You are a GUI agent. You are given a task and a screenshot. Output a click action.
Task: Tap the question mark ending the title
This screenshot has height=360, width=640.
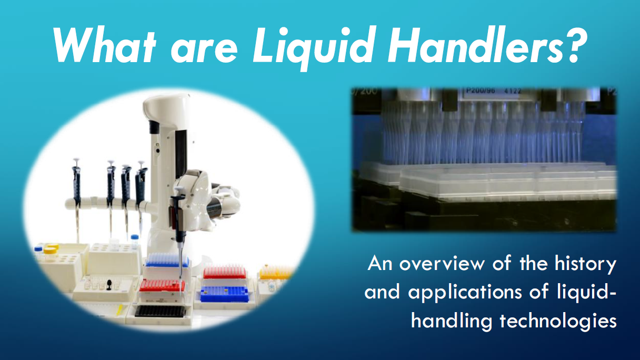pyautogui.click(x=573, y=44)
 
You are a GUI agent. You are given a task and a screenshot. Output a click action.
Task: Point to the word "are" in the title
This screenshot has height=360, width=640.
pyautogui.click(x=204, y=51)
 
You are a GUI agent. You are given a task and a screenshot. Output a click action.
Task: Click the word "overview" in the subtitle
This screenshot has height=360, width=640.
pyautogui.click(x=442, y=264)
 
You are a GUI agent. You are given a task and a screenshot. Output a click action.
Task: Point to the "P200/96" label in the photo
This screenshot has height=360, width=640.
pyautogui.click(x=481, y=91)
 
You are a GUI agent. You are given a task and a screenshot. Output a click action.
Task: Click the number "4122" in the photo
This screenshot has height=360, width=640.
pyautogui.click(x=513, y=91)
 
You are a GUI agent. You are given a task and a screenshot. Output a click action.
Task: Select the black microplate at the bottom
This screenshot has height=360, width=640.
pyautogui.click(x=159, y=311)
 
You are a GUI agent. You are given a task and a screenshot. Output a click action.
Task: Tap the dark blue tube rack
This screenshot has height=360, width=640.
pyautogui.click(x=224, y=294)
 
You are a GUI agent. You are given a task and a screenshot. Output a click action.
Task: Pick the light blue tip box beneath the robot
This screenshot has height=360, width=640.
pyautogui.click(x=167, y=260)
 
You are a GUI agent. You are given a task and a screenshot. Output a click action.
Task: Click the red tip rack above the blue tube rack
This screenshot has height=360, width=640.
pyautogui.click(x=225, y=272)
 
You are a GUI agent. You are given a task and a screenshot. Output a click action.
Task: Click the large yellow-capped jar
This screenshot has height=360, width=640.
pyautogui.click(x=51, y=255)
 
